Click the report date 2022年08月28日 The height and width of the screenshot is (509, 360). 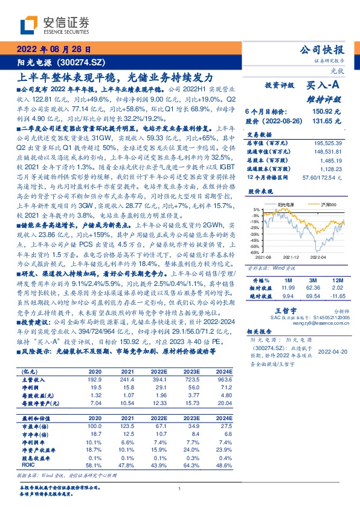(x=54, y=50)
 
